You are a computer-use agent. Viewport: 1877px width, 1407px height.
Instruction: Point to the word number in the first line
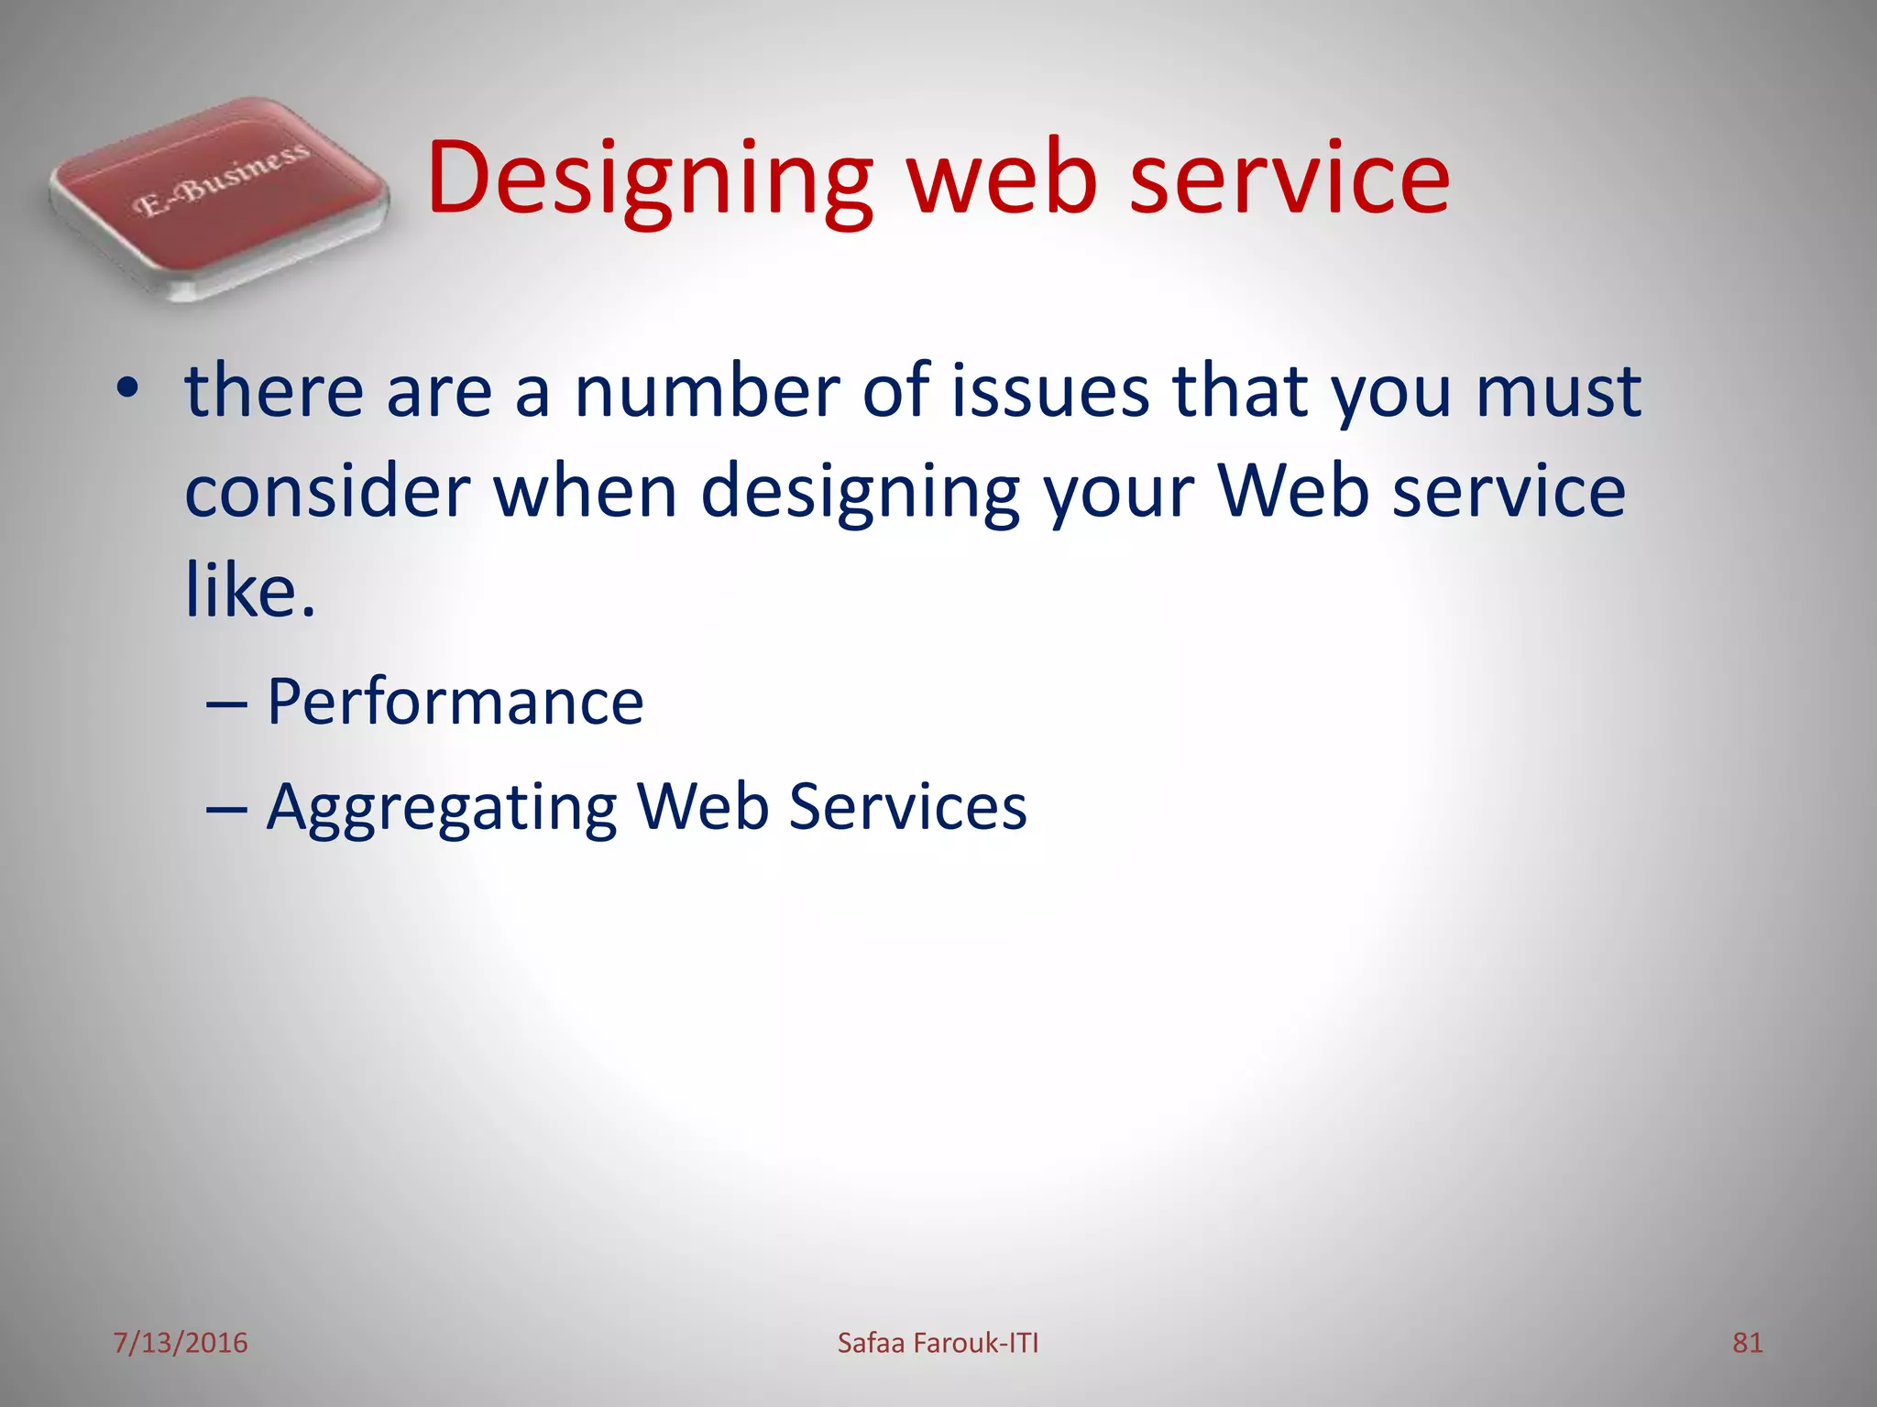click(706, 391)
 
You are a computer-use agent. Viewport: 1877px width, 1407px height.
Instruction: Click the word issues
click(1049, 391)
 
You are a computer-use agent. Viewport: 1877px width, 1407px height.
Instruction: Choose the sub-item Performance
click(455, 703)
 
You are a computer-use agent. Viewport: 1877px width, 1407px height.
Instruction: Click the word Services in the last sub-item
click(906, 807)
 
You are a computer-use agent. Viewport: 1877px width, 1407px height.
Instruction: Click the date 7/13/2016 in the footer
click(181, 1343)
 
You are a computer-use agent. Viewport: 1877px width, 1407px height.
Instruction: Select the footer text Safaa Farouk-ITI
click(938, 1343)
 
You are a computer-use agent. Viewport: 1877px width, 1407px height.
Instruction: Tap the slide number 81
click(1747, 1343)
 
